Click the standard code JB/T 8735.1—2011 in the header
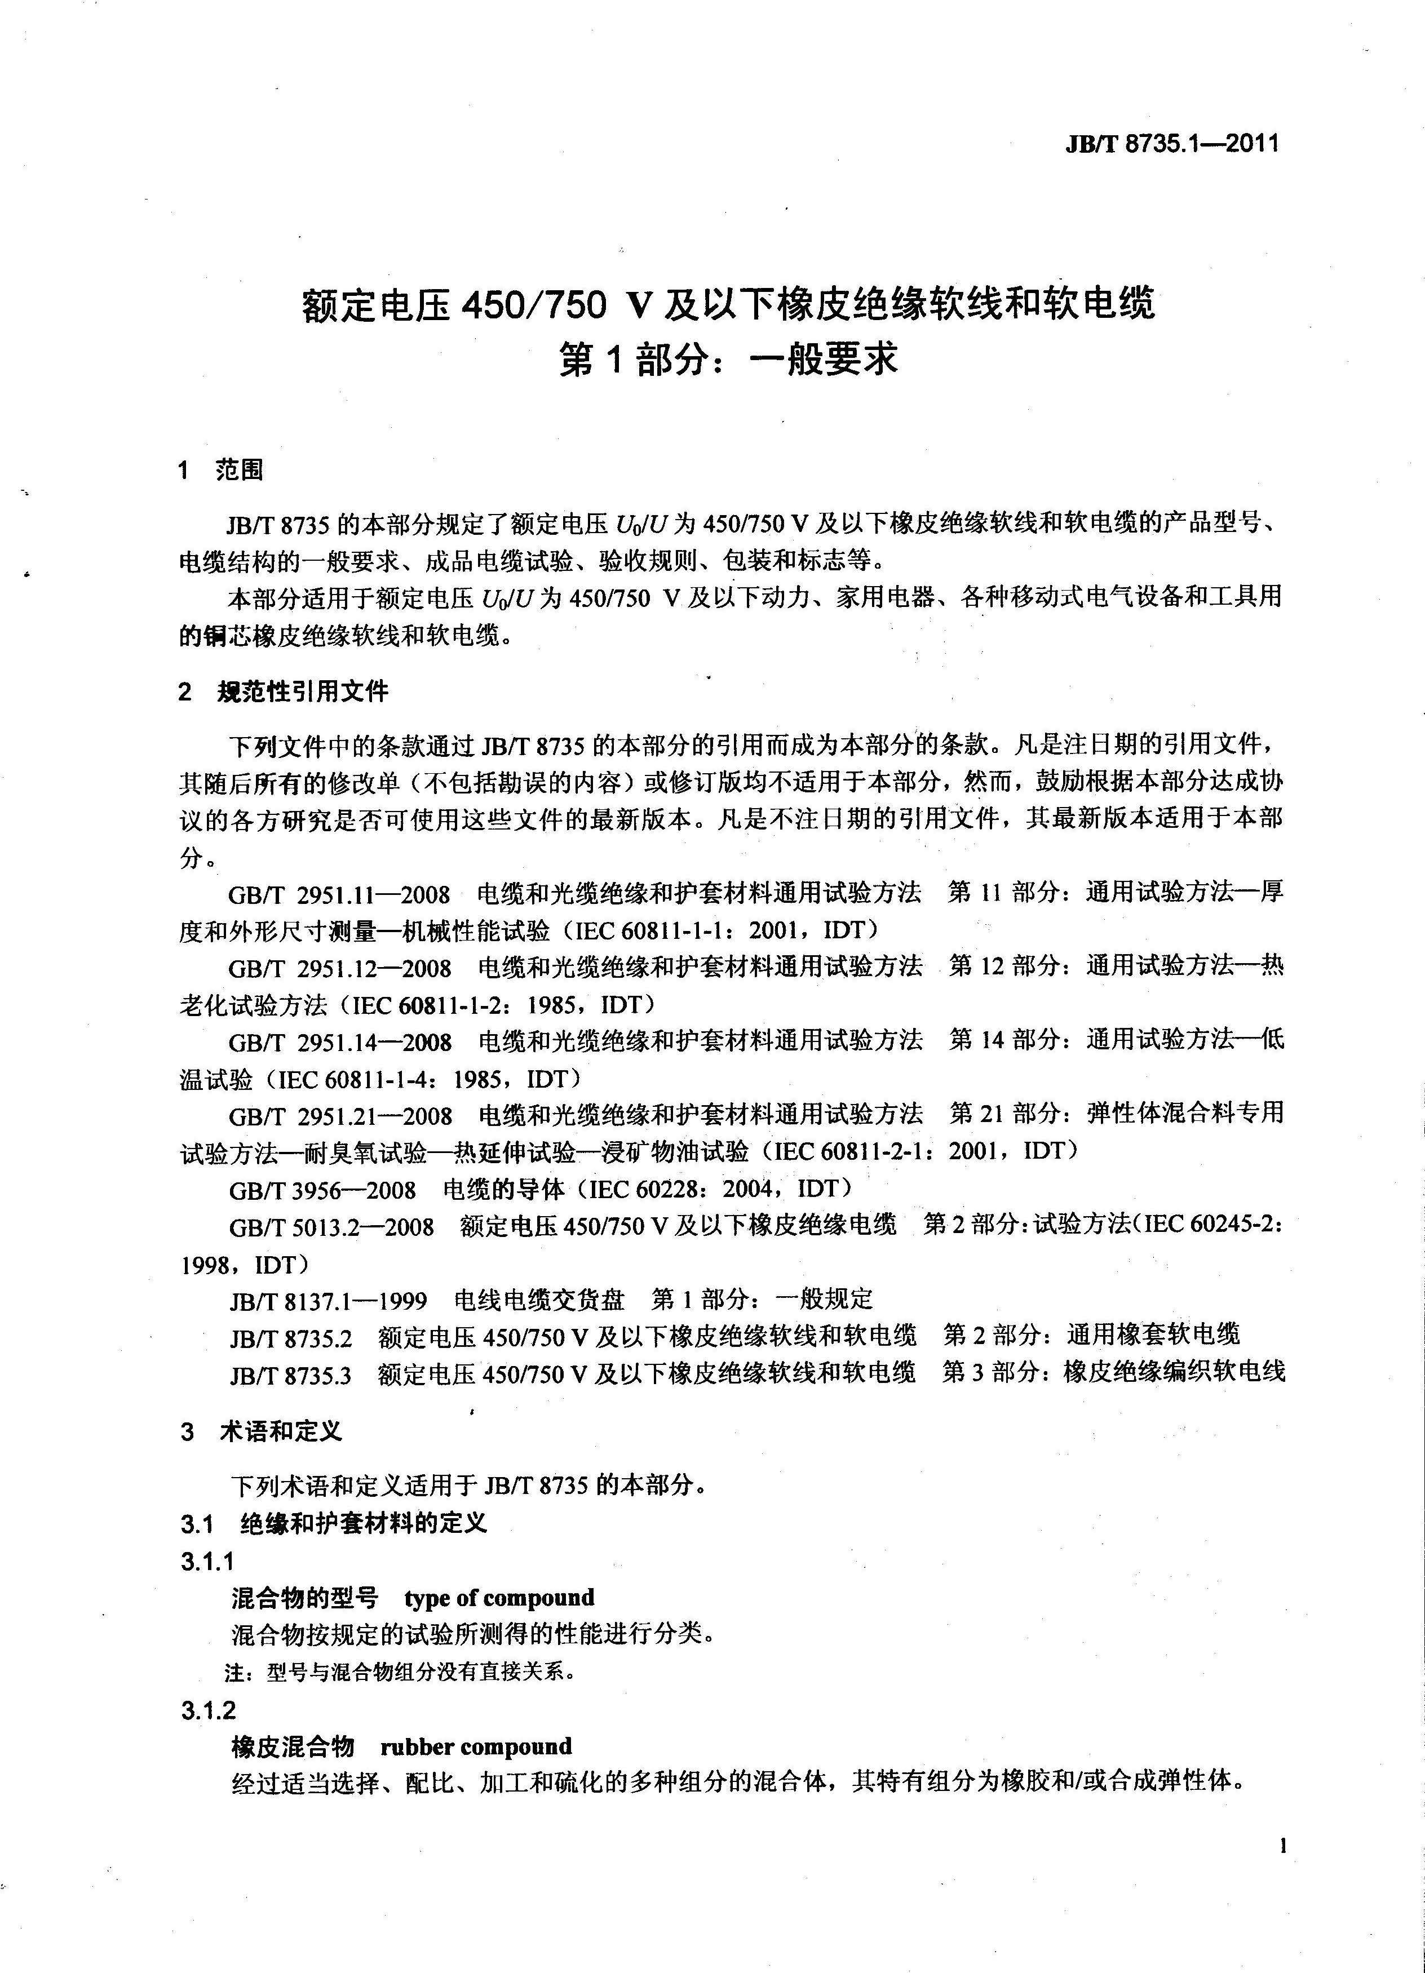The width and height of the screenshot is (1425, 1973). click(x=1172, y=144)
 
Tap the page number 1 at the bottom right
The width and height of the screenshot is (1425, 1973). click(x=1282, y=1846)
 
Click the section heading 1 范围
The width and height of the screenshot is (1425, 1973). click(x=220, y=471)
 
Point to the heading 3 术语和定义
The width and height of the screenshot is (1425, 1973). click(x=261, y=1431)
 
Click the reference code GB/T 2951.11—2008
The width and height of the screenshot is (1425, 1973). click(x=339, y=894)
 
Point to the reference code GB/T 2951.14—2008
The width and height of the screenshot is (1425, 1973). click(x=339, y=1042)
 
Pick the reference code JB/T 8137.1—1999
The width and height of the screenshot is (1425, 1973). click(x=328, y=1301)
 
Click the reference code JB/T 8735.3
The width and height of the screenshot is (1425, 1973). click(x=290, y=1375)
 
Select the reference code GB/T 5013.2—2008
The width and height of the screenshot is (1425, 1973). click(x=330, y=1227)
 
